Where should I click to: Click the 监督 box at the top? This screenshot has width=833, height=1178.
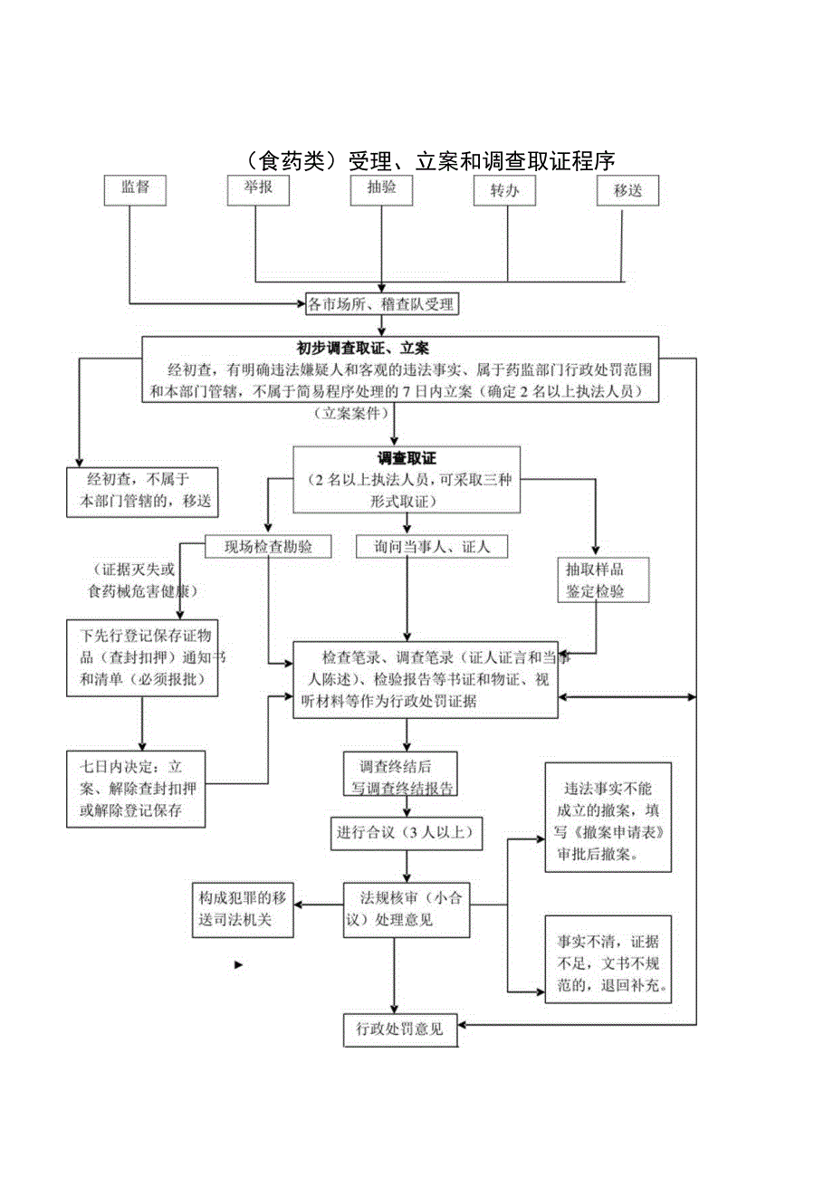click(135, 187)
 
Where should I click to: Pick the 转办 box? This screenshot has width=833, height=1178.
click(504, 190)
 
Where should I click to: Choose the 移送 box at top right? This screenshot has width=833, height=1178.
click(627, 190)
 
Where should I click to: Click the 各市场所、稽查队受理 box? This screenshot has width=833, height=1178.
click(380, 305)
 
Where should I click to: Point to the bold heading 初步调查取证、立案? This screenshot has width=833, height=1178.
click(363, 348)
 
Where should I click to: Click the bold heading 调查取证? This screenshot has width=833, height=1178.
click(407, 459)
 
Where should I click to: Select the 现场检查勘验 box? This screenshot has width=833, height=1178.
click(267, 546)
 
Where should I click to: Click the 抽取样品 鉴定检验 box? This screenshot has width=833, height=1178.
click(594, 580)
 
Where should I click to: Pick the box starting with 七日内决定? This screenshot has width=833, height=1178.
click(136, 788)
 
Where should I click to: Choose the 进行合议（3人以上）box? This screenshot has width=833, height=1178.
click(405, 833)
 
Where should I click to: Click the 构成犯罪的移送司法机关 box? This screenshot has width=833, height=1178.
click(243, 909)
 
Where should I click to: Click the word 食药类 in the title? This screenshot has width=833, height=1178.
click(292, 160)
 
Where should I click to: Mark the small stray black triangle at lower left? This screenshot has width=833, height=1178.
click(239, 965)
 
